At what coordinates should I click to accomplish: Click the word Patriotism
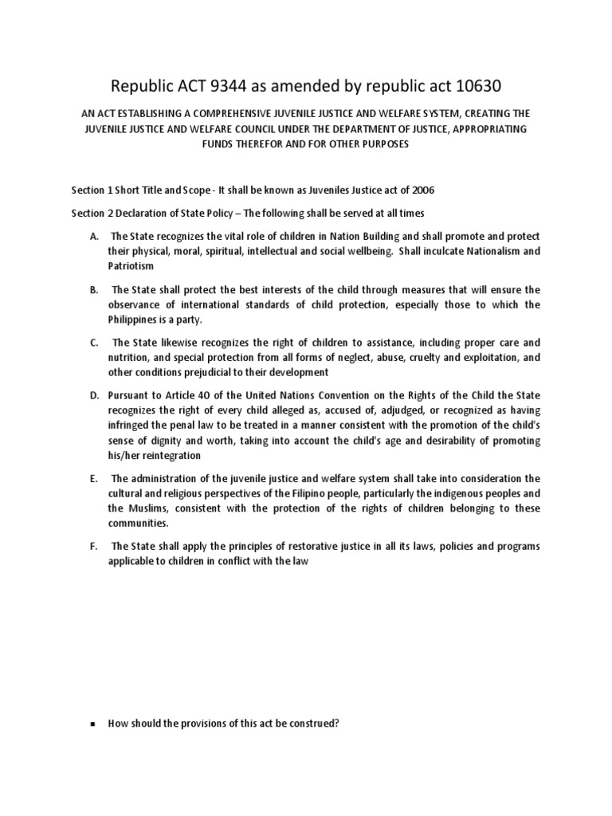click(x=133, y=265)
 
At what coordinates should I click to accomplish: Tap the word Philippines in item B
click(x=135, y=320)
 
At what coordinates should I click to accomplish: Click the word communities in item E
click(x=138, y=524)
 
